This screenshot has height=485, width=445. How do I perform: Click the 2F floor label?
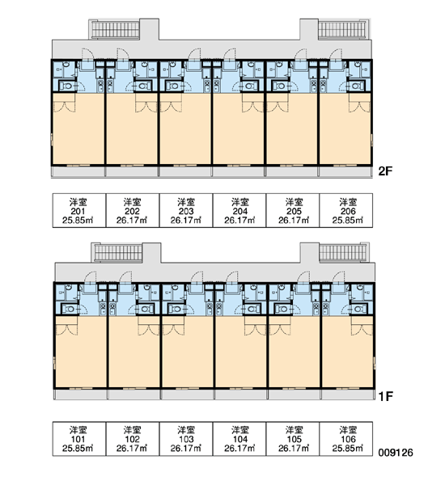coord(385,171)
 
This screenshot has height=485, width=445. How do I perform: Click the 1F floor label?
coord(386,396)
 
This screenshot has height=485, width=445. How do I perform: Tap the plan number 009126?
coord(396,453)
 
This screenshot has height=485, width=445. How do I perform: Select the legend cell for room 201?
coord(79,211)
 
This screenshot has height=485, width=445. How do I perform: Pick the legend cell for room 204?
coord(239,211)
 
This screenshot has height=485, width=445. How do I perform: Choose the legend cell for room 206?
coord(346,211)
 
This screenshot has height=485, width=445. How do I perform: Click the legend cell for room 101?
coord(79,439)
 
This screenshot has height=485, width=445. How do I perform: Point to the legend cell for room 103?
coord(186,439)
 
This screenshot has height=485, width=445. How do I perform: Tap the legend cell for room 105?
coord(293,439)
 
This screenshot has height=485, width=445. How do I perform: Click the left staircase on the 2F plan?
coord(115,29)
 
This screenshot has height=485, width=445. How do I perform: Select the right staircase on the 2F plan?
coord(342,29)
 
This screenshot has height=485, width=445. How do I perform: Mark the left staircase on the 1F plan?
coord(118,253)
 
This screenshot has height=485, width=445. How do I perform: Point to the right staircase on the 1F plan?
coord(343,253)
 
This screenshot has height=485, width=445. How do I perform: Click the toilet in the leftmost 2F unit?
coord(66,86)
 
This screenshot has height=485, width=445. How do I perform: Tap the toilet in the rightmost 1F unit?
coord(358,309)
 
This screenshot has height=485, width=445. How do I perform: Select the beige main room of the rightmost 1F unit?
coord(347,352)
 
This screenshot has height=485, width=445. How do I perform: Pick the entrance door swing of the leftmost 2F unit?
coord(87,54)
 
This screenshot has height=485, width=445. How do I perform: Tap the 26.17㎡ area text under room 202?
coord(132,220)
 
